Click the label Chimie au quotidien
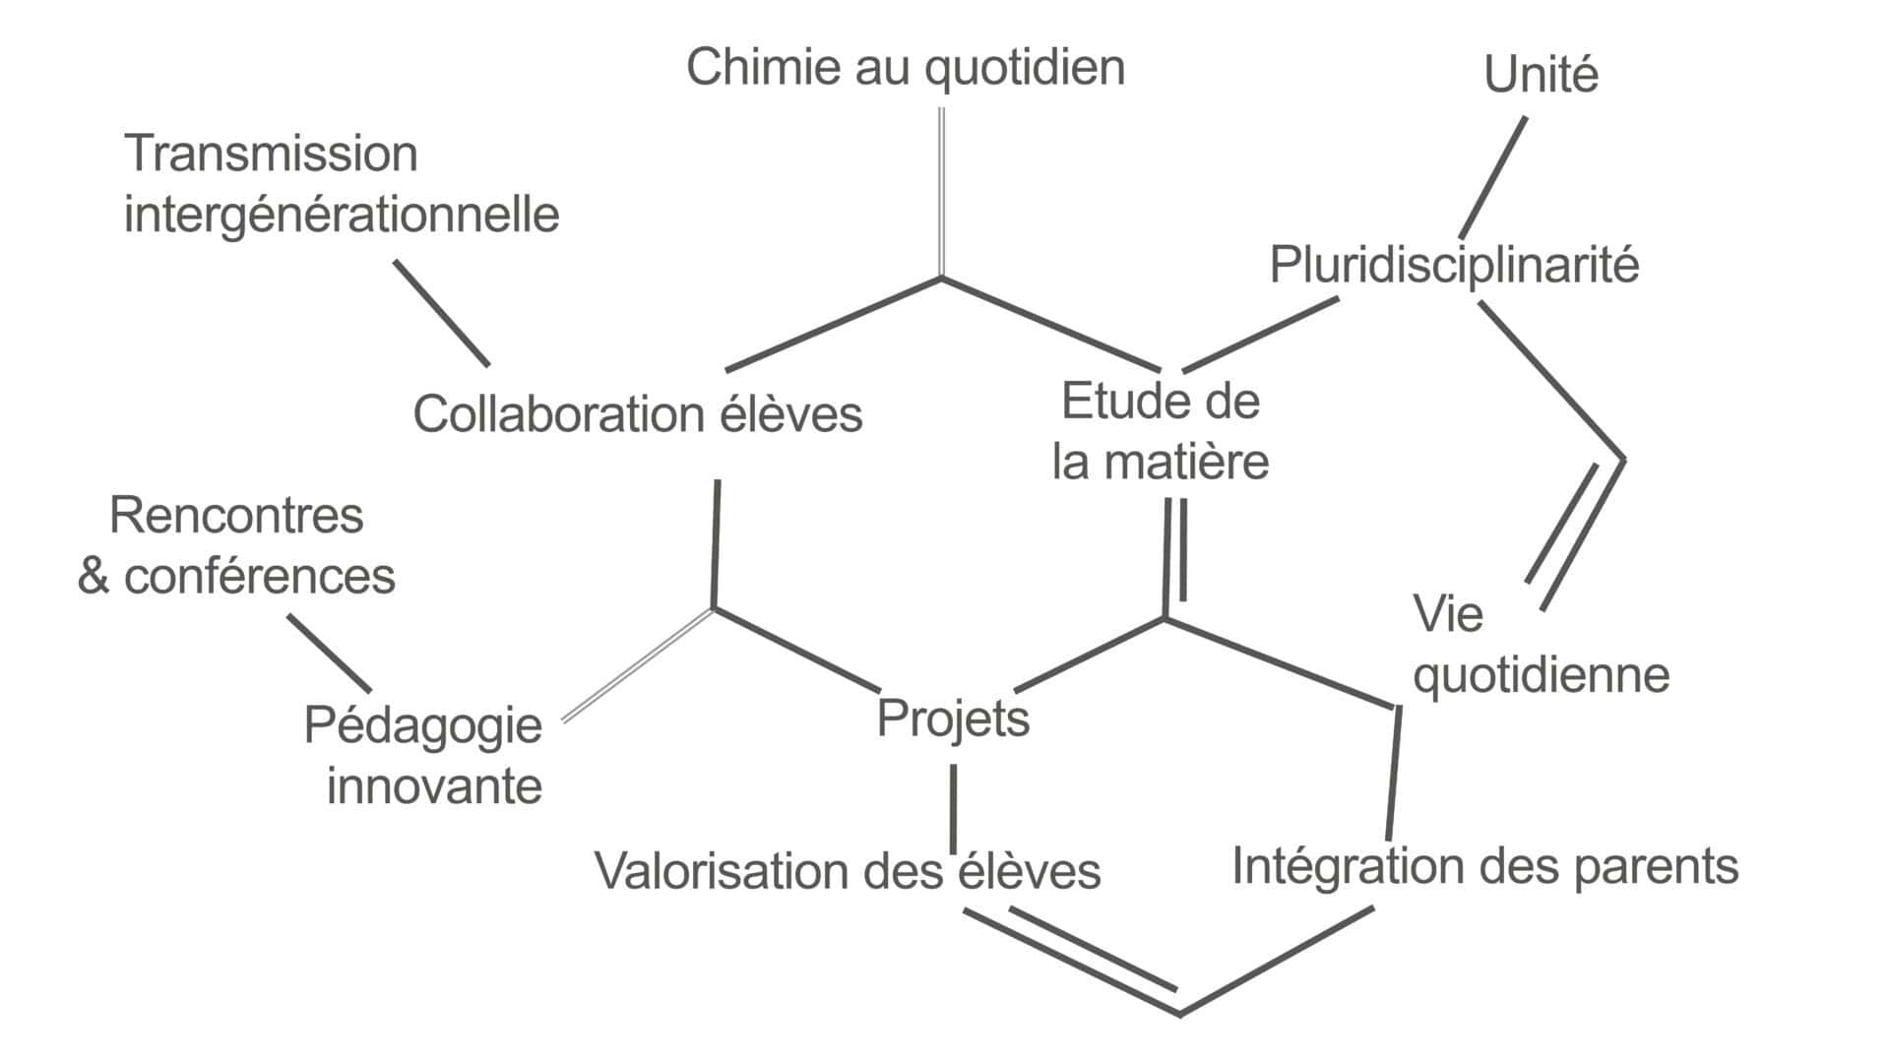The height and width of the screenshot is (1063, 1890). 905,69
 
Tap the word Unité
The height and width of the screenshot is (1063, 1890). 1541,76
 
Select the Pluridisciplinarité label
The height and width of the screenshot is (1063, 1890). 1454,266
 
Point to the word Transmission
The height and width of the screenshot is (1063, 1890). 271,155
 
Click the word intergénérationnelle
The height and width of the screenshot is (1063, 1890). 342,216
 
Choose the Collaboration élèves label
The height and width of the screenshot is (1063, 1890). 637,414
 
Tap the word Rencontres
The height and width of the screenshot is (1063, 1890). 236,516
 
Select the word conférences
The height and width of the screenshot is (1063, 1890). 259,577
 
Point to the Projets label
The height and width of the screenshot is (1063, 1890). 952,719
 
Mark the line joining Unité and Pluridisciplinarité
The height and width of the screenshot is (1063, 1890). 1493,177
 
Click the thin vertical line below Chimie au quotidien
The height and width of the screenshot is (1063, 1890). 941,192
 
